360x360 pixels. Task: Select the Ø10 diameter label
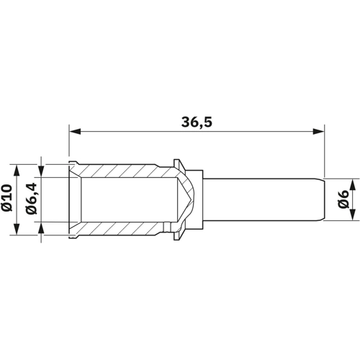tap(8, 198)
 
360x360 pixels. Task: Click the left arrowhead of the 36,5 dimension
tap(74, 132)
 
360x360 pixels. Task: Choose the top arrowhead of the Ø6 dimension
tap(351, 180)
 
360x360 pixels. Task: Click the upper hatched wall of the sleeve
tap(122, 171)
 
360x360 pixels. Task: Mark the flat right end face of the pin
tap(323, 198)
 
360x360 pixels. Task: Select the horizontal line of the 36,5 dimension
tap(144, 132)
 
